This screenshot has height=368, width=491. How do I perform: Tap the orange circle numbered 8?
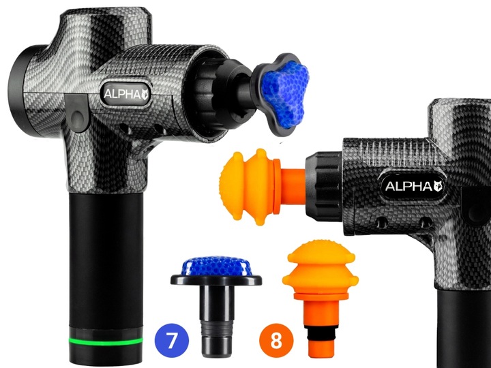click(276, 339)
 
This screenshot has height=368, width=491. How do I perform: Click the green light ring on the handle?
click(105, 339)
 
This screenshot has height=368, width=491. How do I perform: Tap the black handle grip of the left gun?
click(105, 259)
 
